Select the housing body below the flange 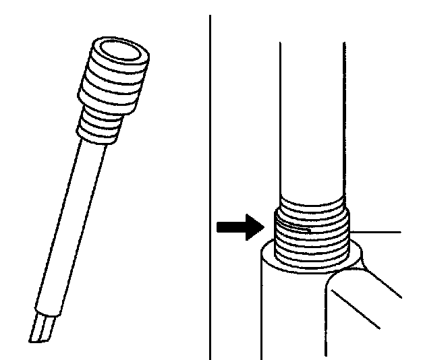tap(290, 310)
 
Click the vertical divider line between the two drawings tap(210, 182)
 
